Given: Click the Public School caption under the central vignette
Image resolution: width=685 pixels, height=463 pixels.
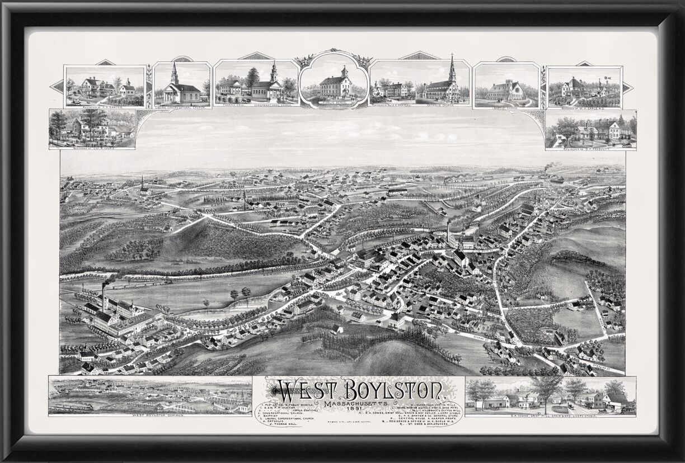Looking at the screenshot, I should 334,103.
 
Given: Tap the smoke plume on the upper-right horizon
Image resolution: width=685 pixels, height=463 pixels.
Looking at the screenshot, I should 551,166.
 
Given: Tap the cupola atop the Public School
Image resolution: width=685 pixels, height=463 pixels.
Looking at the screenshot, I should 345,72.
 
